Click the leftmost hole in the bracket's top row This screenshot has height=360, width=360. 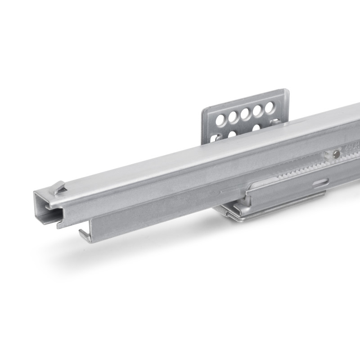pos(220,120)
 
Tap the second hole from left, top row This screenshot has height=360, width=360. pos(233,117)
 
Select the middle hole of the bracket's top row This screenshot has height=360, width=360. pos(245,114)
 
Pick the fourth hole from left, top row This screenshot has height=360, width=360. pos(257,111)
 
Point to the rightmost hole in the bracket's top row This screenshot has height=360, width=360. pos(270,108)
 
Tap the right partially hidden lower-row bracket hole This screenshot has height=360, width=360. pos(256,128)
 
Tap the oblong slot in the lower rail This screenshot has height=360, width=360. pos(320,182)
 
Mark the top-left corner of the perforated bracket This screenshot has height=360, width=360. pos(203,111)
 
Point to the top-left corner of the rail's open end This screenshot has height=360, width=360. pos(35,193)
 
